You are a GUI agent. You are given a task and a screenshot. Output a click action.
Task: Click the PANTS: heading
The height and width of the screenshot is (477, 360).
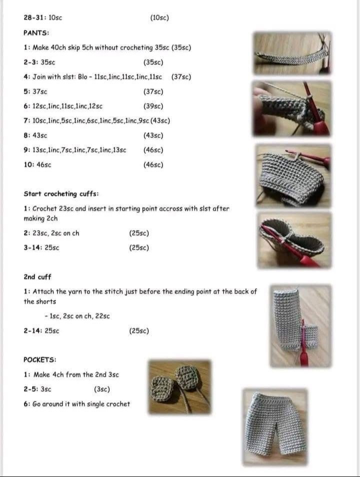coord(36,33)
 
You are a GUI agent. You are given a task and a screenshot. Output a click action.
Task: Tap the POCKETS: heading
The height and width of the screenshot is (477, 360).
coord(40,359)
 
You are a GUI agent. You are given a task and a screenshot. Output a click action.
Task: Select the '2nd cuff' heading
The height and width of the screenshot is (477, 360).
coord(37,277)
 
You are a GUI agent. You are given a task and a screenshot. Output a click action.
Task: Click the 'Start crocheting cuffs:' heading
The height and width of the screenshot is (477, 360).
coord(61,194)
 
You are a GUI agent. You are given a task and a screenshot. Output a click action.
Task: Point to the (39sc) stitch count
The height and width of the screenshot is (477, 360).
coord(153,106)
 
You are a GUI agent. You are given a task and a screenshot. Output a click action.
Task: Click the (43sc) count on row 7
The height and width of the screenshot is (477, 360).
coord(160,121)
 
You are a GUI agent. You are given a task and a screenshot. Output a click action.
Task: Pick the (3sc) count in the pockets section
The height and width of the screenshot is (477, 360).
coord(102,389)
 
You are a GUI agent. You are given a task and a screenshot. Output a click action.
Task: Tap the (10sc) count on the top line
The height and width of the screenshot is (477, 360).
coord(159,17)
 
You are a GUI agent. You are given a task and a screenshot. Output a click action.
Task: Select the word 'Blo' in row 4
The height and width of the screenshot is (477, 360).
coord(82,76)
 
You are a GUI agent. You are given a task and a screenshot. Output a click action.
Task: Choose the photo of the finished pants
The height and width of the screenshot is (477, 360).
coord(275,427)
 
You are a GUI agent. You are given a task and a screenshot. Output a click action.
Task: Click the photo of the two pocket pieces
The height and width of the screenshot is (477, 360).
coord(179,386)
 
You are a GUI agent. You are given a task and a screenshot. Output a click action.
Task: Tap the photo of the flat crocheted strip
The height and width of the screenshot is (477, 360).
coord(292,53)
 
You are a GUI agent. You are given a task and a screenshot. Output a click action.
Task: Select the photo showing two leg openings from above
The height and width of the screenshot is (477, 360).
coord(294,240)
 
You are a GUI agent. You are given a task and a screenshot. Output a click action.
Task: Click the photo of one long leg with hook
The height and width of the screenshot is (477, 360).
coord(300,326)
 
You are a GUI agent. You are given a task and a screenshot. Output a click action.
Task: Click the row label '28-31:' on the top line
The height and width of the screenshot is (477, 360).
coord(35,17)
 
